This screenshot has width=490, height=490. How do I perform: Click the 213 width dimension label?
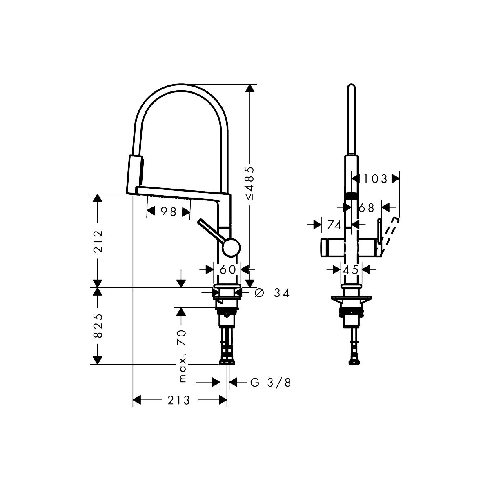pos(178,401)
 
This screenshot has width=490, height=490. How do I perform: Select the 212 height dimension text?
pos(98,241)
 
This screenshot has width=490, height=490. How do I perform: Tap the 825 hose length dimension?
pos(98,326)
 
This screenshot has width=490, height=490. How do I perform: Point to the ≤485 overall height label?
pos(250,183)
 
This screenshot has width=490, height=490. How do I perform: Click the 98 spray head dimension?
pos(169,212)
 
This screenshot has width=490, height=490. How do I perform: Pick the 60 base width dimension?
pos(227,270)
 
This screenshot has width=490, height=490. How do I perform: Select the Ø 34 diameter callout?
pos(272,293)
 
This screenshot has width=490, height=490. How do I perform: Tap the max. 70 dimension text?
pos(183,356)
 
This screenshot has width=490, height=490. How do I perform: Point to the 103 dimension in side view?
pos(375,179)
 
